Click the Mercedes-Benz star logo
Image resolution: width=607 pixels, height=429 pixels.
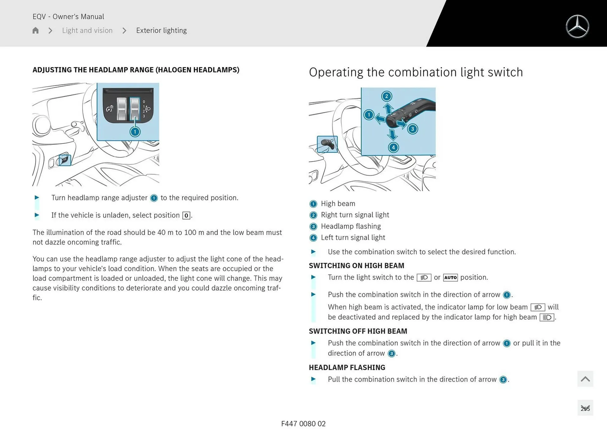[577, 27]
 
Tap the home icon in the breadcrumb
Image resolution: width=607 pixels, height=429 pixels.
[35, 30]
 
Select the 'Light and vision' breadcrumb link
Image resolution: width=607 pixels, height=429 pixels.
[87, 30]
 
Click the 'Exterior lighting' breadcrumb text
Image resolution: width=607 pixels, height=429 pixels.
[161, 30]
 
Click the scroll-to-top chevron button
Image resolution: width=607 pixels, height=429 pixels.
[585, 379]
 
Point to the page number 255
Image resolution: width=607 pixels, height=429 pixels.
[585, 408]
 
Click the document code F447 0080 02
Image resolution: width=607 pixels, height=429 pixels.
[303, 424]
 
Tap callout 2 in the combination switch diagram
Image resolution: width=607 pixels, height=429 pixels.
[386, 96]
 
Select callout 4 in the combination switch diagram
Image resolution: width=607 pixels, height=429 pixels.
[393, 147]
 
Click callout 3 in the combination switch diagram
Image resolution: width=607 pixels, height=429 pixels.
[412, 129]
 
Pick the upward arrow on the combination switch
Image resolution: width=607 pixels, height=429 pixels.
[388, 108]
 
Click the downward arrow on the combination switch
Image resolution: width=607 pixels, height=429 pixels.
[392, 135]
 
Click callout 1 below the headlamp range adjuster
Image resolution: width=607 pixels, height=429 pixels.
[135, 132]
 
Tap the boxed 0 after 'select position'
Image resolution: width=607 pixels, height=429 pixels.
[186, 215]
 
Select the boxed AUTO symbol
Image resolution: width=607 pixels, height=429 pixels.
[451, 278]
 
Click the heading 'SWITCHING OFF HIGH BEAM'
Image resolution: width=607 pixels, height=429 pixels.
[358, 331]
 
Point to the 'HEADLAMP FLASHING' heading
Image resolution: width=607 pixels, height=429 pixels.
[347, 367]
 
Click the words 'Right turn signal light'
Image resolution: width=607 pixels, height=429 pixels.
[355, 215]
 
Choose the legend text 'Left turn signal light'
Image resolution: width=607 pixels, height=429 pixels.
[353, 238]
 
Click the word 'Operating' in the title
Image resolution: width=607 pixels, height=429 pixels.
[336, 73]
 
